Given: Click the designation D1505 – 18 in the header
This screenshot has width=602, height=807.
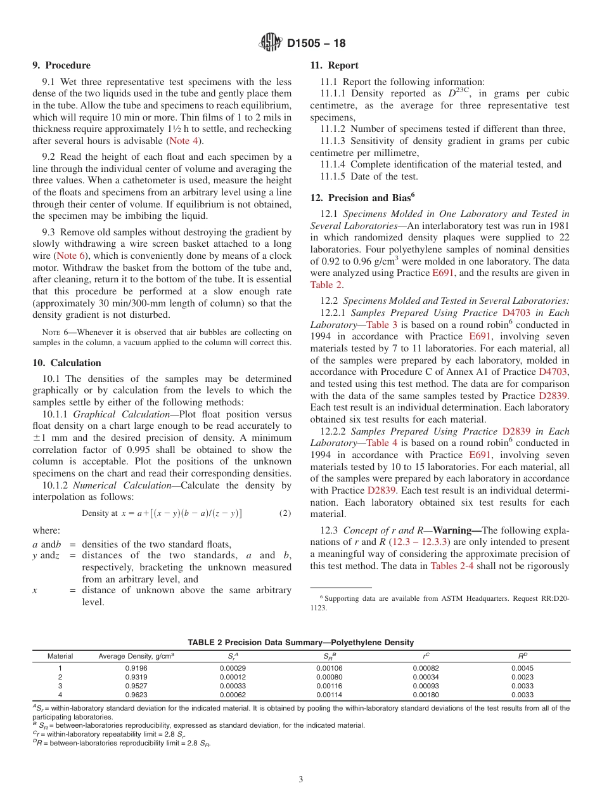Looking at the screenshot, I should (x=316, y=44).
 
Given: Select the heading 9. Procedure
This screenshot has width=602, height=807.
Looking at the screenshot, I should (x=61, y=65).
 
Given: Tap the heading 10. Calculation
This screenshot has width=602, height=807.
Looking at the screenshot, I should (x=67, y=363).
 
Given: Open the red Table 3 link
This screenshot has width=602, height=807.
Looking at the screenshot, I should (x=381, y=325).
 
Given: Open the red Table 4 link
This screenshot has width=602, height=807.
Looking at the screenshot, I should (x=381, y=443).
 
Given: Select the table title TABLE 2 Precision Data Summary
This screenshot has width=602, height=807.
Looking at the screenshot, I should (x=300, y=643).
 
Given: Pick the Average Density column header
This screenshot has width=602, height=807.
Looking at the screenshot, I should (x=136, y=656).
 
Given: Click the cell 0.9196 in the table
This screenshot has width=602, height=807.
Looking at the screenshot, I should (x=136, y=667).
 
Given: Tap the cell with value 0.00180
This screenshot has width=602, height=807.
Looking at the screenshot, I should (x=425, y=695).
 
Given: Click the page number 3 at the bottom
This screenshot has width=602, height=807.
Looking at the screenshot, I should (x=301, y=780).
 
